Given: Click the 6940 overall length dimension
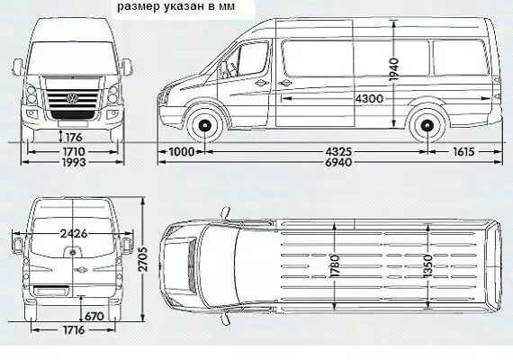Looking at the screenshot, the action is coord(338,162).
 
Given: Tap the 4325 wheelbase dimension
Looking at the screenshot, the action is coord(338,151).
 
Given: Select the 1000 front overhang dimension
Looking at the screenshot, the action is coord(182,151).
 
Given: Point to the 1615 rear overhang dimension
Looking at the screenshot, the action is coord(463,151).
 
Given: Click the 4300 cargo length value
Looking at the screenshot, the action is coord(369,98).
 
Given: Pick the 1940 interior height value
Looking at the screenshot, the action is coord(394,69).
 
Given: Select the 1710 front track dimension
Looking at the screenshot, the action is coord(74,151).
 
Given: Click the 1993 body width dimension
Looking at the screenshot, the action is coord(74,162).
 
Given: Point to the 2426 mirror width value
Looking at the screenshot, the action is coord(74,234).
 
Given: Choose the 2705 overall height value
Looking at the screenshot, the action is coord(143,259).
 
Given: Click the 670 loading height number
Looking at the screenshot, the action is coord(94,317).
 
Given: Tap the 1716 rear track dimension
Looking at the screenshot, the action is coord(74,330).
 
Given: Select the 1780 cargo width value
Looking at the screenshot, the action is coord(335,266).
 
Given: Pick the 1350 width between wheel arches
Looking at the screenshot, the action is coord(427,266).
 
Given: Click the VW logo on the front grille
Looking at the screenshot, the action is coord(72,97).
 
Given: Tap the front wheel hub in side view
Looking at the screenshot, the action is coord(205,125).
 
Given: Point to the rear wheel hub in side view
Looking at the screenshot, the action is coord(427,125).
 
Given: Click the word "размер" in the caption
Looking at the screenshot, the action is coord(138,7).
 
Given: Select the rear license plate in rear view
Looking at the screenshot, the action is coord(51,291).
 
